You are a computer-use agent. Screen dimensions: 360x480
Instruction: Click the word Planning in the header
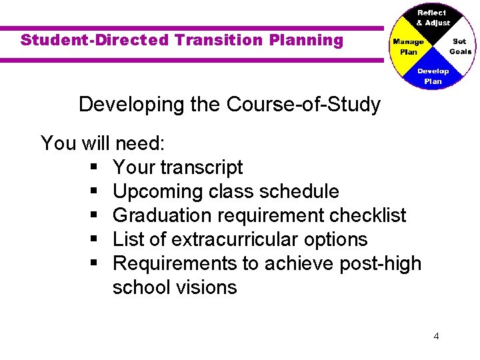click(306, 40)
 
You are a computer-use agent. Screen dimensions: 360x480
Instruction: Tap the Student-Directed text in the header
click(95, 40)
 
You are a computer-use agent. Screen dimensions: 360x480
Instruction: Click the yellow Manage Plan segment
click(407, 46)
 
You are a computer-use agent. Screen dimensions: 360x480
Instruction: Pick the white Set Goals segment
click(459, 46)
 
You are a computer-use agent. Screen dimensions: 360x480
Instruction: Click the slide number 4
click(436, 336)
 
